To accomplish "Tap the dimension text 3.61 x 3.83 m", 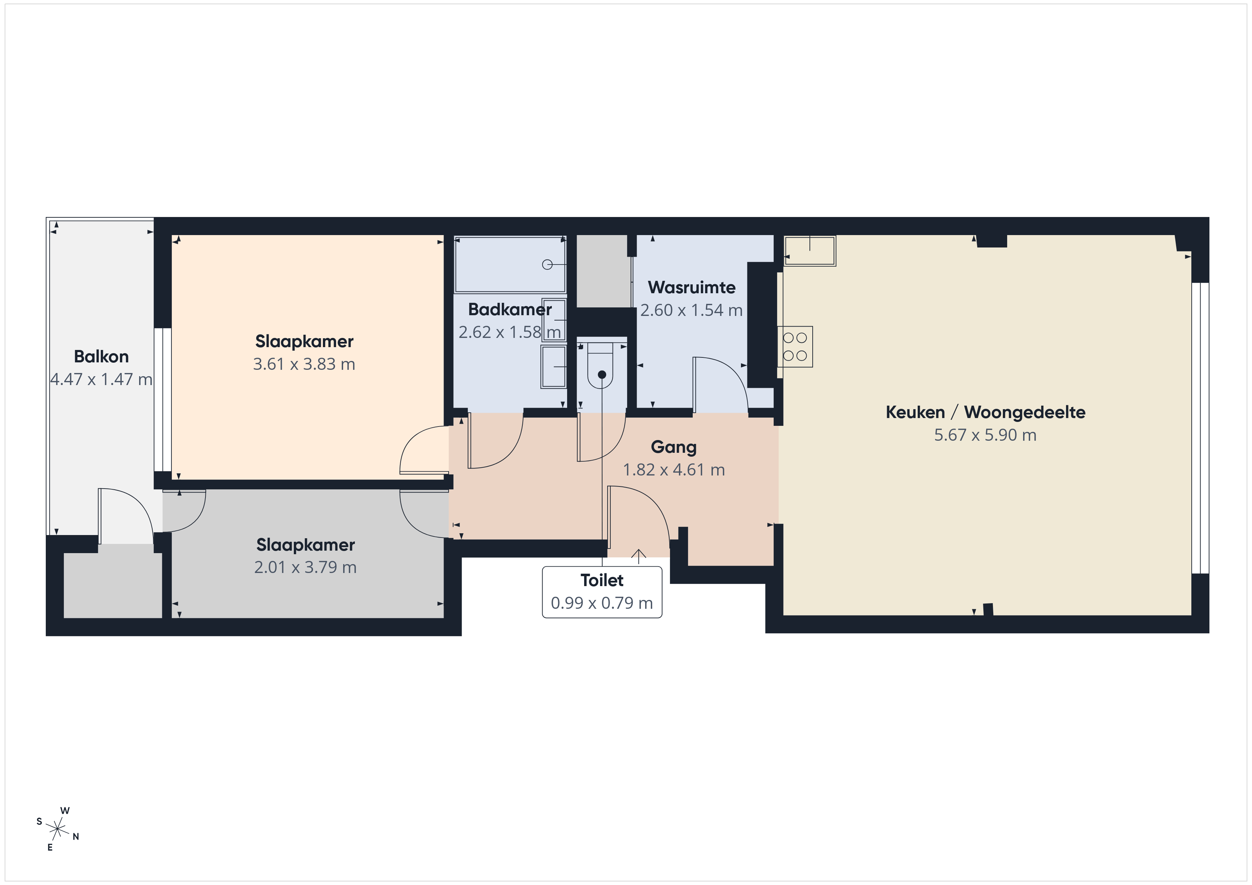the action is (x=304, y=364).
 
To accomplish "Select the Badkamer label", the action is (x=510, y=310).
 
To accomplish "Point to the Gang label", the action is (x=674, y=448).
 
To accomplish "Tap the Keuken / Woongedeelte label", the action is (x=985, y=412).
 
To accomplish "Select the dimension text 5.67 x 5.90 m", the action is (x=985, y=435).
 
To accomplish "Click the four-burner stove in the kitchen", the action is (x=795, y=346).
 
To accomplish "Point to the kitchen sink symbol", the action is (x=810, y=251).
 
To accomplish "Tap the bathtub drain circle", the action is (x=547, y=265).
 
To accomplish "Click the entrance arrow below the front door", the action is (x=638, y=555).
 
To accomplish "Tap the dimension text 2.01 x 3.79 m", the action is (x=305, y=567).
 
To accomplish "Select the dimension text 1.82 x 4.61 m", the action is (x=674, y=470).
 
